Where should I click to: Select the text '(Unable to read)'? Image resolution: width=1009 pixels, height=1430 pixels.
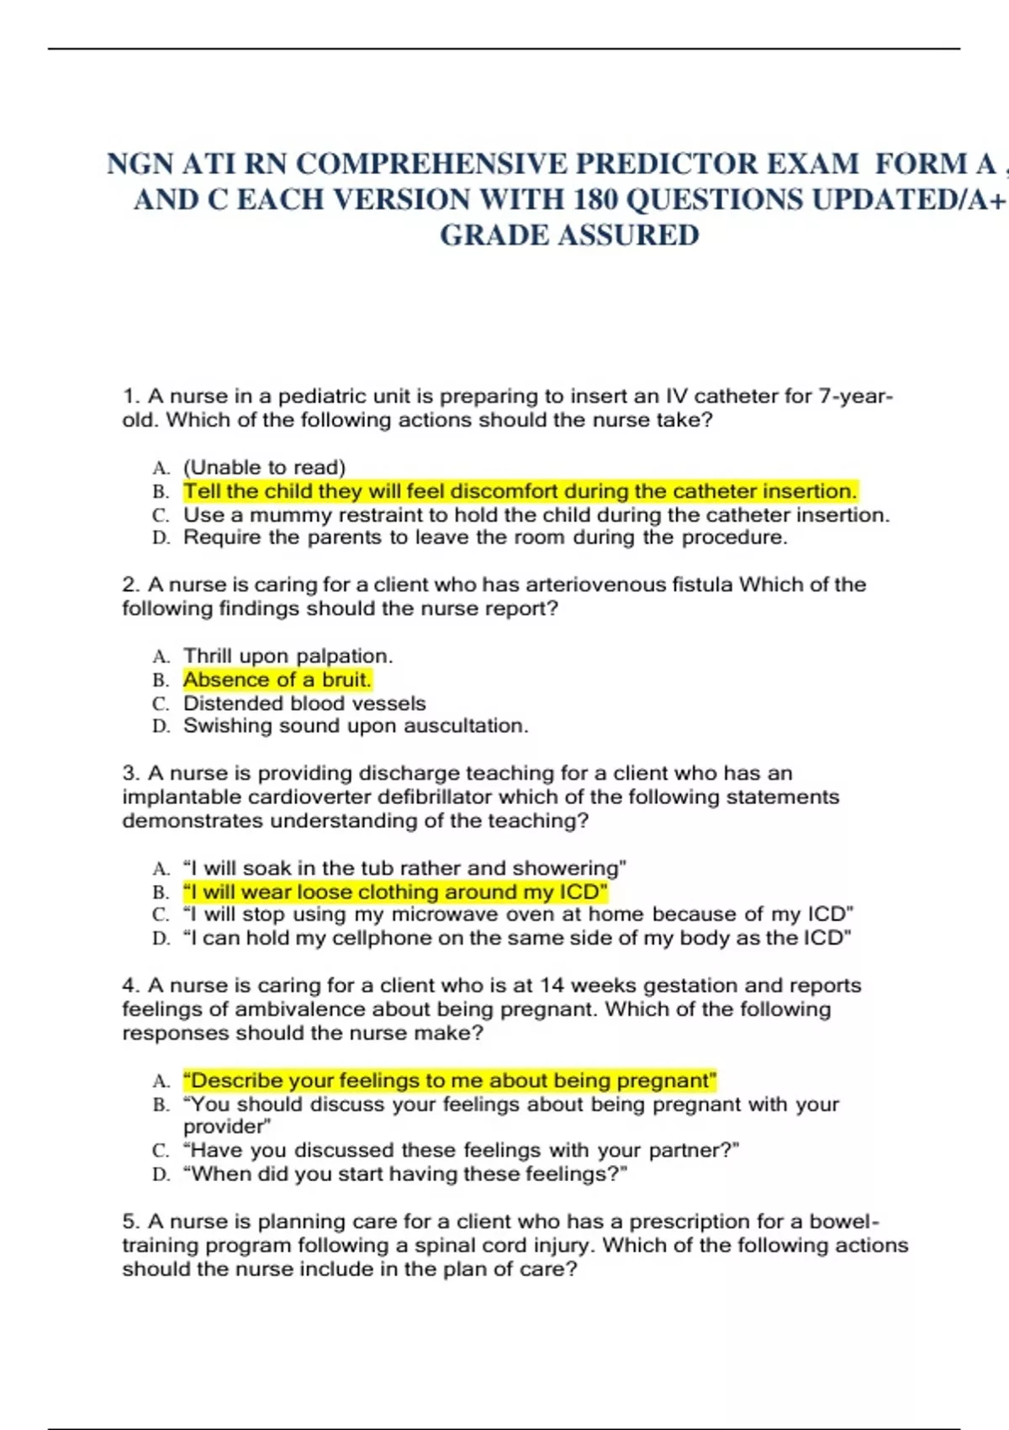tap(264, 467)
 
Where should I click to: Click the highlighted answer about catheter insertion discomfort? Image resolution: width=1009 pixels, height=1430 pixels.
tap(520, 490)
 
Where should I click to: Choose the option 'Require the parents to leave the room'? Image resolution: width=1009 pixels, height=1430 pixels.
tap(485, 538)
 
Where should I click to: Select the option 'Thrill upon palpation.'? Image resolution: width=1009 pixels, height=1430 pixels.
tap(288, 655)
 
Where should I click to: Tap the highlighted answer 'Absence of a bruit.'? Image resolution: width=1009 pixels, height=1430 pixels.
tap(277, 679)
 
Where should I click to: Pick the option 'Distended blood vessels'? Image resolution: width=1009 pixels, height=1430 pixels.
tap(304, 702)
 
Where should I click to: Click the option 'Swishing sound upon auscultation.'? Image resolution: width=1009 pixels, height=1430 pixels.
tap(356, 726)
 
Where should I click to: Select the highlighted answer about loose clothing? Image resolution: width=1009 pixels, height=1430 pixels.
tap(394, 891)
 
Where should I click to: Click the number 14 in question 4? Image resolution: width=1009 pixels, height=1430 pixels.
tap(552, 985)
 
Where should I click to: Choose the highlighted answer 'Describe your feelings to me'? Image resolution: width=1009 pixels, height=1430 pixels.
tap(449, 1080)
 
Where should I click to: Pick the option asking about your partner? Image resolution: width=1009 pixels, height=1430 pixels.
tap(461, 1150)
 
